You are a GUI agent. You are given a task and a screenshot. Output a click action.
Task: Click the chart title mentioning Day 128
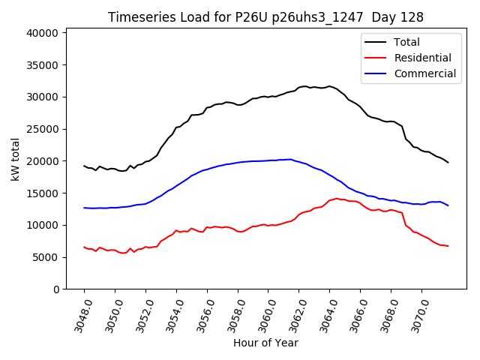265,17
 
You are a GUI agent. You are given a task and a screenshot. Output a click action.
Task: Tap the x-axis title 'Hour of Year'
265,343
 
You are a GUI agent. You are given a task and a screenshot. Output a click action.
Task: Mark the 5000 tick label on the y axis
46,257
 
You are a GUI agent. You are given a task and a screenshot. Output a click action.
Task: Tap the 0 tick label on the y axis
55,289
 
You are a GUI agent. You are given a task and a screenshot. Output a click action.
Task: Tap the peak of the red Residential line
337,199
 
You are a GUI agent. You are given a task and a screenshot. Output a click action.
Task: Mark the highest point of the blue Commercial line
291,159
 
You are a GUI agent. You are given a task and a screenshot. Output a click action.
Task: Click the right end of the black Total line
448,163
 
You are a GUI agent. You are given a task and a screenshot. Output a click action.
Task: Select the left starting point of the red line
84,247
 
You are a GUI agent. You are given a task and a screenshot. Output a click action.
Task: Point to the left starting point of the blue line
84,208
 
